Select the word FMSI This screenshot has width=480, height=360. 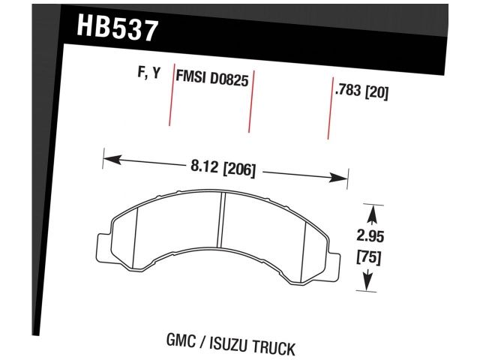pyautogui.click(x=191, y=76)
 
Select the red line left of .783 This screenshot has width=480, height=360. pyautogui.click(x=330, y=109)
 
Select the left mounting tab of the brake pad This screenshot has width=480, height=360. pyautogui.click(x=105, y=248)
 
